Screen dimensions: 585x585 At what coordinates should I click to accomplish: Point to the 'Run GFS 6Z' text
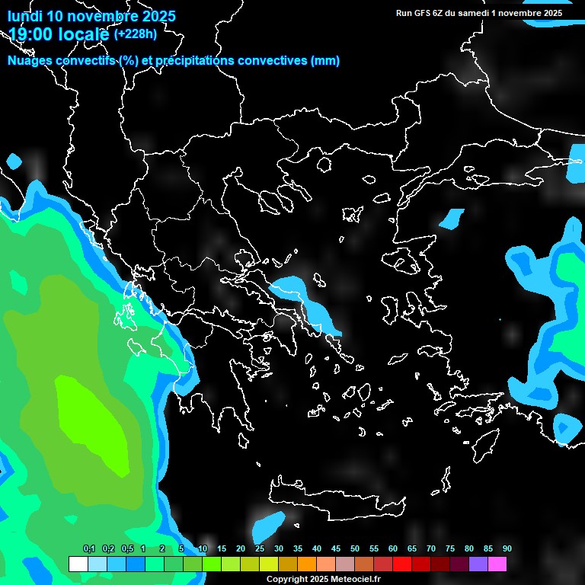pos(421,13)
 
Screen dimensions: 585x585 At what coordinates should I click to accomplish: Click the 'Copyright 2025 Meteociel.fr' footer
pos(323,579)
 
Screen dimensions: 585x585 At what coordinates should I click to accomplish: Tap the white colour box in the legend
pos(78,564)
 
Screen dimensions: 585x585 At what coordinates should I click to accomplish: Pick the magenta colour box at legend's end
pos(497,564)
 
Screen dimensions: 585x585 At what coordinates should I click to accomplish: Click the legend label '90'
pos(507,549)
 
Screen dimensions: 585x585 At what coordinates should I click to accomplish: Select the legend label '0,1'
pos(89,549)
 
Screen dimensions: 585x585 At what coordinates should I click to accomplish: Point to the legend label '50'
pos(354,549)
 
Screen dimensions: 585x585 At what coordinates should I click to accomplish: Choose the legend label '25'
pos(259,549)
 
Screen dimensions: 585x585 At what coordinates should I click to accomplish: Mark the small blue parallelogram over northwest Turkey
pos(452,219)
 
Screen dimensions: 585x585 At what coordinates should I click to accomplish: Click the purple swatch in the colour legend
pos(478,564)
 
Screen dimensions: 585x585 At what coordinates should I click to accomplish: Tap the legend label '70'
pos(430,549)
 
